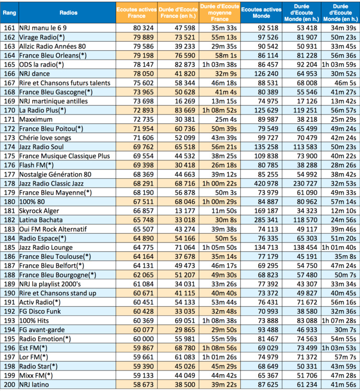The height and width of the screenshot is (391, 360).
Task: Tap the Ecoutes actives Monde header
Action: pos(262,11)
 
